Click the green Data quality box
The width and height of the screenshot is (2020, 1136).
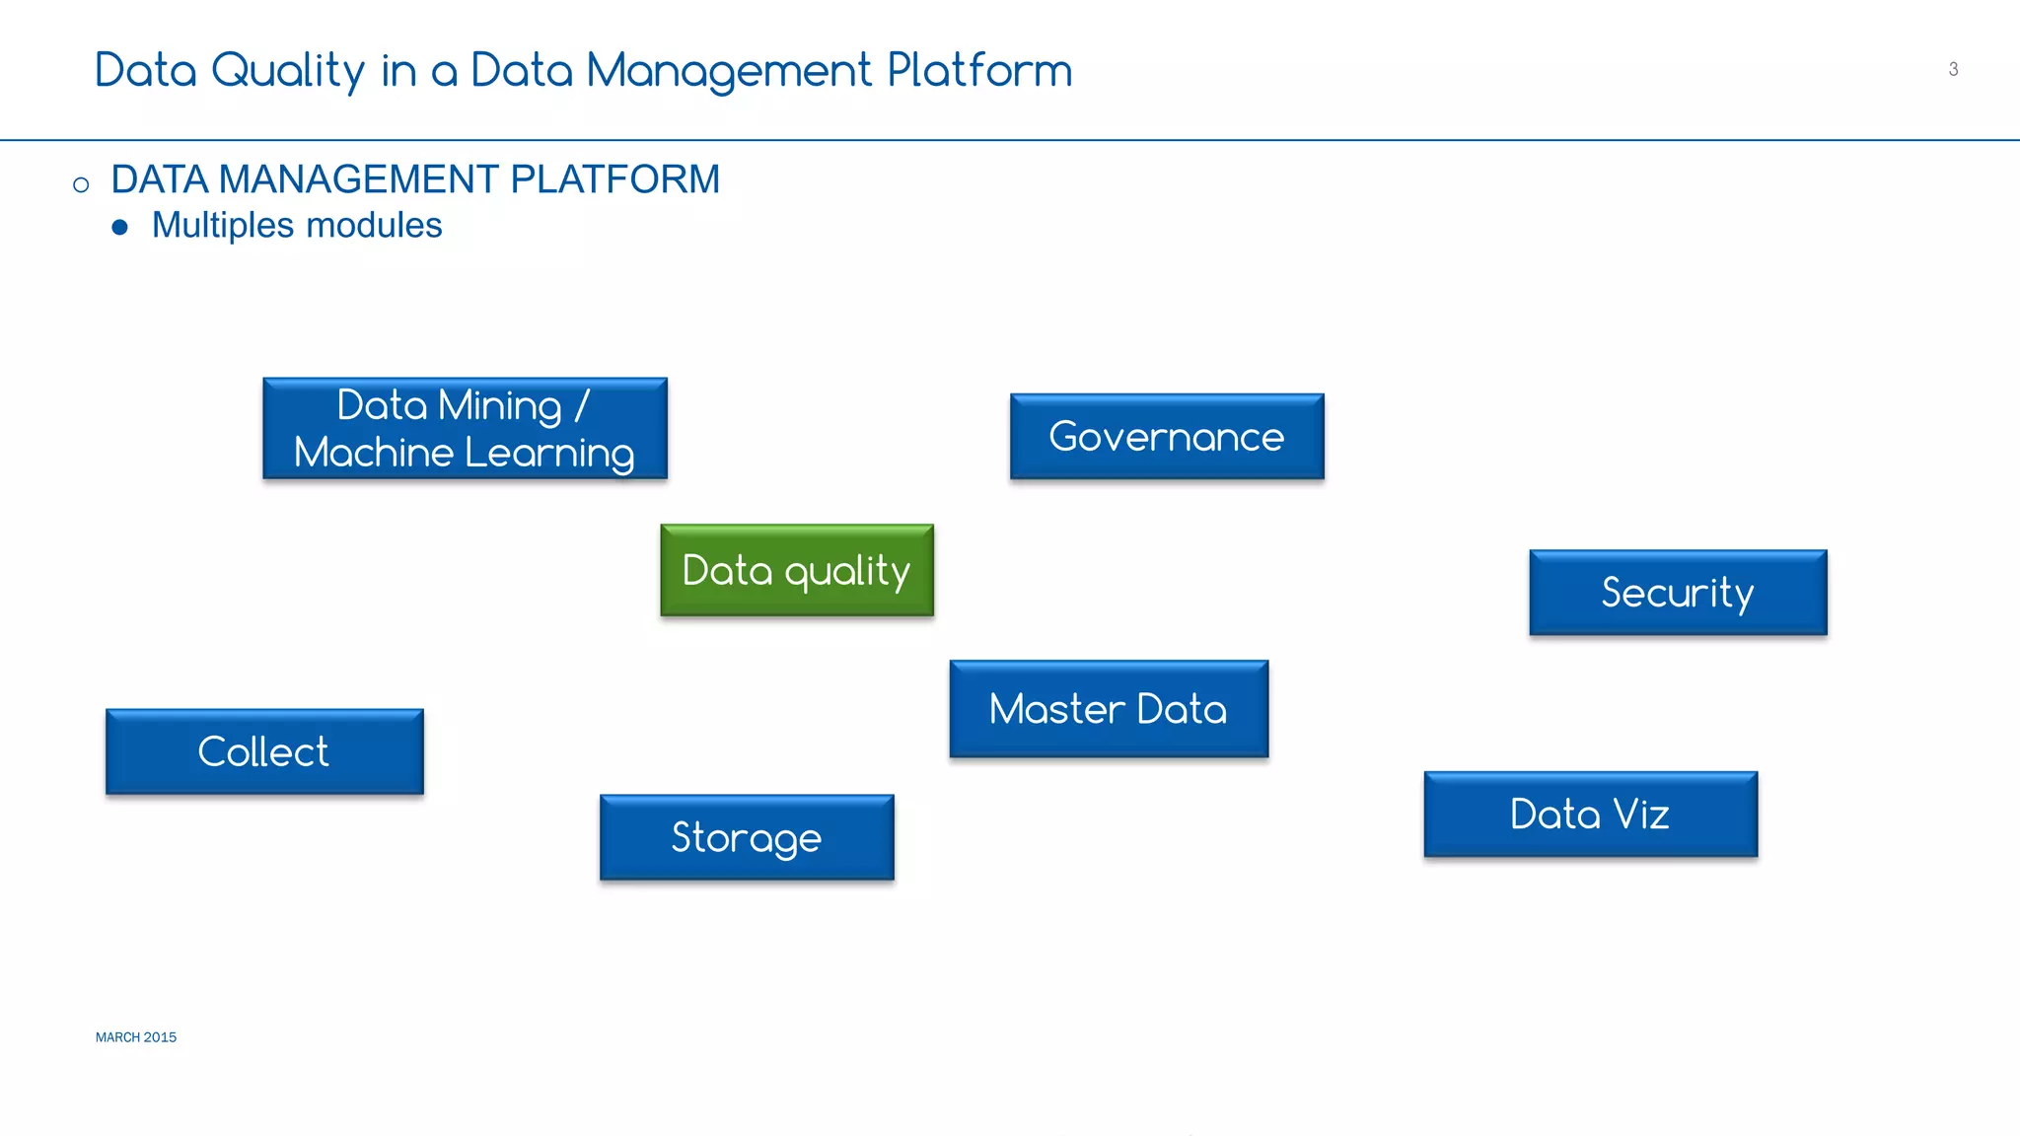[x=797, y=570]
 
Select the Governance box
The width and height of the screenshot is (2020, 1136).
[x=1167, y=437]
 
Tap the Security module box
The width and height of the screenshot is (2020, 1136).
[x=1678, y=593]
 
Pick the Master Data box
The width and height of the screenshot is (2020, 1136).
[x=1109, y=709]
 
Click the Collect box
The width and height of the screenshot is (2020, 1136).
[x=264, y=751]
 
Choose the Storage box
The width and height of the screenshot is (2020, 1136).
[x=747, y=837]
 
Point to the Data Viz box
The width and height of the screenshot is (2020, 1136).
[x=1590, y=815]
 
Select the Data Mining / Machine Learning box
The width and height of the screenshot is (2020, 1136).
[x=465, y=429]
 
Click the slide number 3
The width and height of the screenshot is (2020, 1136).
[x=1953, y=69]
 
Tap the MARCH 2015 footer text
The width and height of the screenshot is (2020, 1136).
[x=136, y=1037]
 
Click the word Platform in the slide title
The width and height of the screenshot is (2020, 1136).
[x=979, y=71]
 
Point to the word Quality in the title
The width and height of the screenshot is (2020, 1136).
[x=288, y=71]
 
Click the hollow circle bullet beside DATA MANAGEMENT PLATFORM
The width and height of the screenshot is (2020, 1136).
[x=81, y=184]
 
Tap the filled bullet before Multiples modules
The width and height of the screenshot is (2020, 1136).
[x=120, y=228]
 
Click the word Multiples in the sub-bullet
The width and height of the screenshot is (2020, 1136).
[x=223, y=226]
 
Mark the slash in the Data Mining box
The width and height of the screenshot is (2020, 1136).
[x=581, y=405]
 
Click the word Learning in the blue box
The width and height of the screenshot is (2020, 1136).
[x=549, y=454]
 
